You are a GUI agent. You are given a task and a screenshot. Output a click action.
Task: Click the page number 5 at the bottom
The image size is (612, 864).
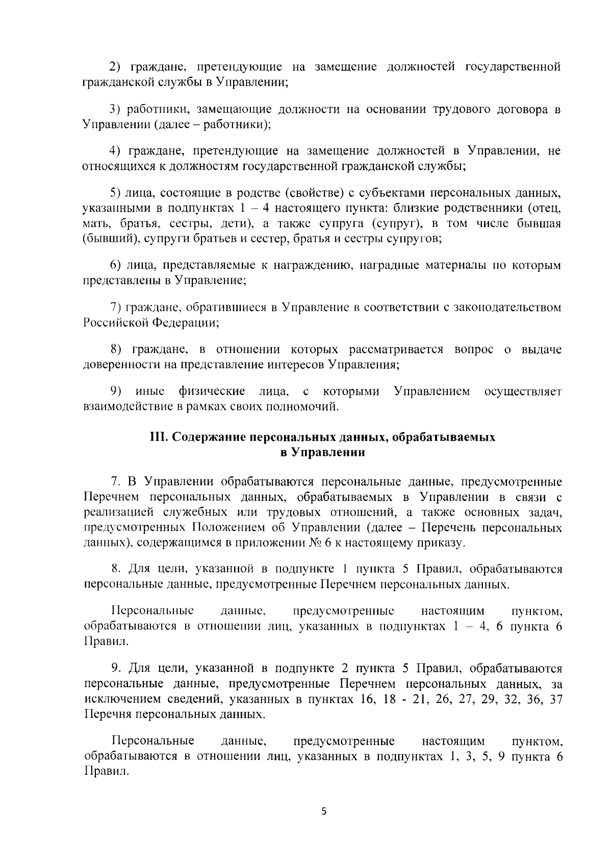point(323,812)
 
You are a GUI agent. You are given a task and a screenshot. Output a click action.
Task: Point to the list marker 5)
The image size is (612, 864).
point(116,192)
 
